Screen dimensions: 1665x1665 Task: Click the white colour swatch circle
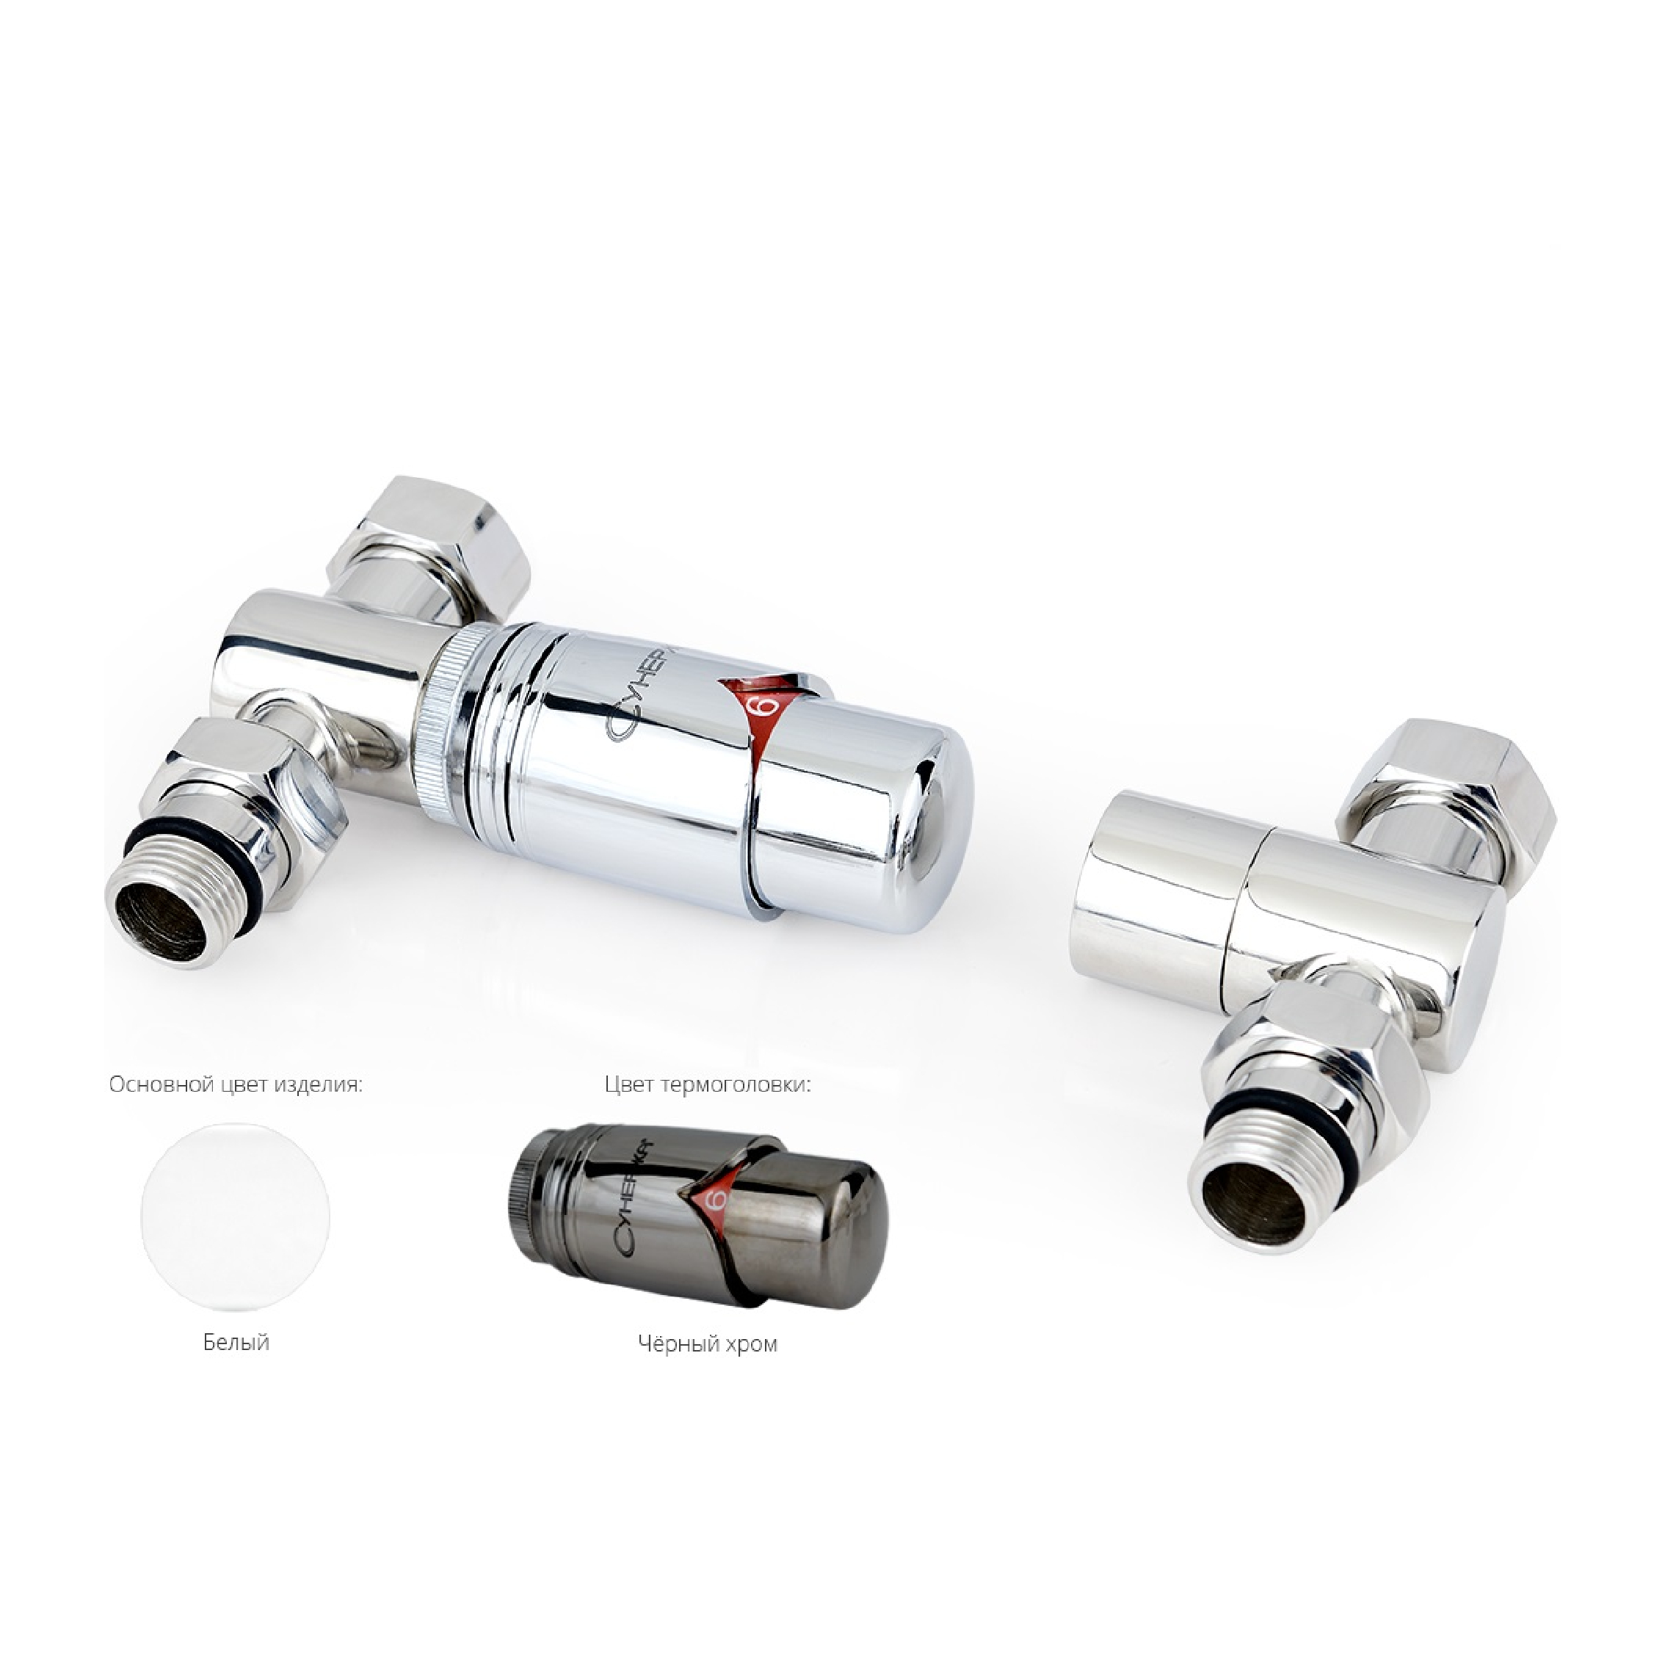point(235,1218)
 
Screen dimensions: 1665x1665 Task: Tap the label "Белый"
point(236,1342)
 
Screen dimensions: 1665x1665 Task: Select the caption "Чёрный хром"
point(708,1343)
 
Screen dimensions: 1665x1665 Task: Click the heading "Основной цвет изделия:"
point(235,1084)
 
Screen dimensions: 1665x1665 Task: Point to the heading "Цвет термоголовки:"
point(708,1084)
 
